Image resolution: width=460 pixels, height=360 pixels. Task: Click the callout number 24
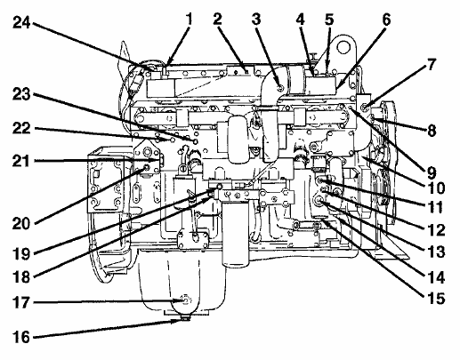(21, 22)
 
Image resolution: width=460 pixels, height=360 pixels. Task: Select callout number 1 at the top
(189, 19)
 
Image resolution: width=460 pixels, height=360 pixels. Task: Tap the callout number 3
(256, 19)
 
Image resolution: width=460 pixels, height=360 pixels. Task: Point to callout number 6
(386, 20)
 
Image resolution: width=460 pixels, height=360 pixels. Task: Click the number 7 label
(432, 64)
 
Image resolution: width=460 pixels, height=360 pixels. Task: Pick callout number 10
(435, 188)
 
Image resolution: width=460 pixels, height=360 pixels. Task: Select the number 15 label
(436, 299)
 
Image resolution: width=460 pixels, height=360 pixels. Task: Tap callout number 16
(21, 337)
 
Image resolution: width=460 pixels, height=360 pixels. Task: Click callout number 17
(21, 302)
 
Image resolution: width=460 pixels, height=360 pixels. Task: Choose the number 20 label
(21, 223)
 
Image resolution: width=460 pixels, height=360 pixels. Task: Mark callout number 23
(21, 94)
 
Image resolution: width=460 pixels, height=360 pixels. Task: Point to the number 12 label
(436, 230)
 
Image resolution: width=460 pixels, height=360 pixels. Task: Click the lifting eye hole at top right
(343, 47)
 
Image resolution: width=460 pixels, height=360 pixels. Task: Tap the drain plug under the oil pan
(186, 318)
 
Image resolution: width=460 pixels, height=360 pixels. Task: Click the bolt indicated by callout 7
(365, 105)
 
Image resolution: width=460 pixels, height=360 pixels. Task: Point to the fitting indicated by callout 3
(279, 88)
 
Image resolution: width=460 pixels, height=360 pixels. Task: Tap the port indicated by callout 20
(146, 168)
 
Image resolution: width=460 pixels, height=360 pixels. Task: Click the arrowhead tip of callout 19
(217, 188)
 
